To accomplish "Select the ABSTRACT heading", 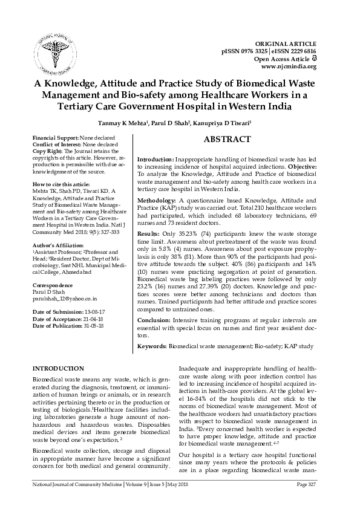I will click(x=227, y=140).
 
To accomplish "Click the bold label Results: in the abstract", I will click(x=149, y=233).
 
